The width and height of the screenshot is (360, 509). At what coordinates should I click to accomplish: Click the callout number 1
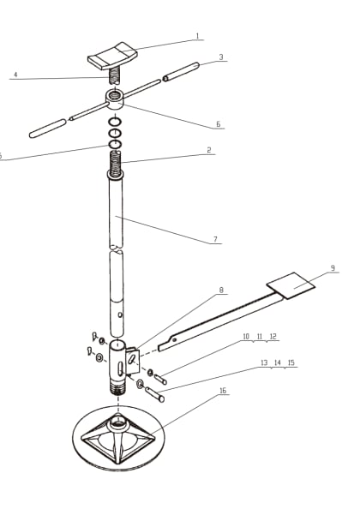pyautogui.click(x=197, y=37)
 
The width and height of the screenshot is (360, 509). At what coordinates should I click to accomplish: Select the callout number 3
pyautogui.click(x=221, y=57)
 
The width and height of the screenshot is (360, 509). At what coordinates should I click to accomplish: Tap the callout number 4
pyautogui.click(x=15, y=75)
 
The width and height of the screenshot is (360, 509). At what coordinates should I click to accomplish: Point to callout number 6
pyautogui.click(x=219, y=124)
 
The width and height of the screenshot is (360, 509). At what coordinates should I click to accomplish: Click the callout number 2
pyautogui.click(x=208, y=150)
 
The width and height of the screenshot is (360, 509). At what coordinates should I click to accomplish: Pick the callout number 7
pyautogui.click(x=215, y=239)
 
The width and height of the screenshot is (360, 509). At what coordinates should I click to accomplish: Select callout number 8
pyautogui.click(x=220, y=290)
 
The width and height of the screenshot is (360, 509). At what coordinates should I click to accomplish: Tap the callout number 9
pyautogui.click(x=332, y=269)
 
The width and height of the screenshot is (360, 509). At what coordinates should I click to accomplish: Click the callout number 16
pyautogui.click(x=223, y=391)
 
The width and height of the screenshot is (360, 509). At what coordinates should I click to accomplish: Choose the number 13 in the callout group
pyautogui.click(x=265, y=363)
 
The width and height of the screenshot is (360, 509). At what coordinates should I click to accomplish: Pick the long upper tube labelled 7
pyautogui.click(x=117, y=214)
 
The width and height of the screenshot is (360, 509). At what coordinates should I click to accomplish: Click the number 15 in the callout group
pyautogui.click(x=291, y=363)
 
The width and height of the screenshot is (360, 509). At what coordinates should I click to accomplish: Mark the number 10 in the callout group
pyautogui.click(x=246, y=337)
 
